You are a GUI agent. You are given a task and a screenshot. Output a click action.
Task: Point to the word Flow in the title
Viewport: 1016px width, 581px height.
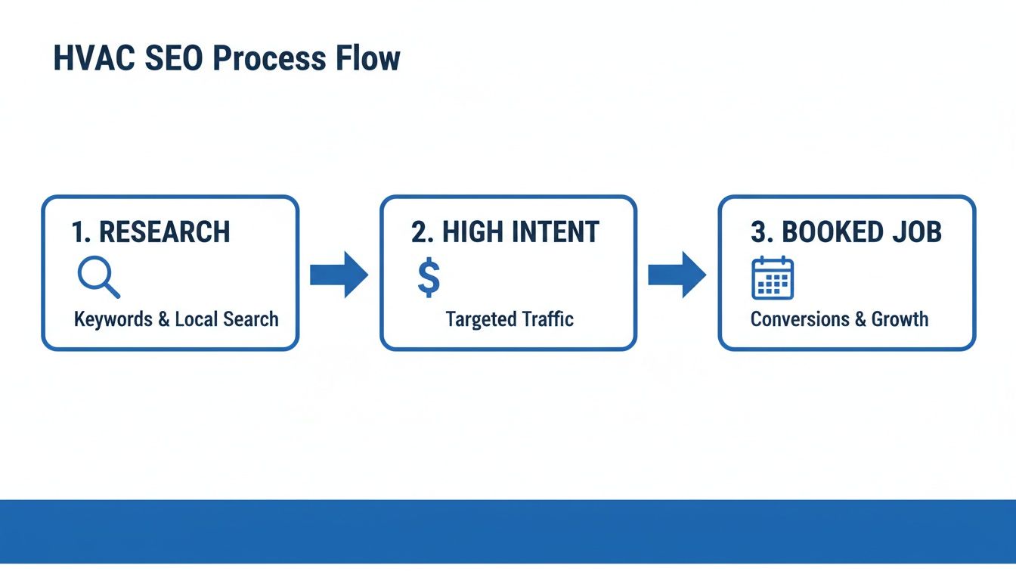click(368, 59)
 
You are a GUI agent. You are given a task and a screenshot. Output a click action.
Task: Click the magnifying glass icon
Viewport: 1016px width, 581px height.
click(99, 278)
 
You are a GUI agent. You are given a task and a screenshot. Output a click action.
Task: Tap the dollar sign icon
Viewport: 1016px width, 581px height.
click(429, 278)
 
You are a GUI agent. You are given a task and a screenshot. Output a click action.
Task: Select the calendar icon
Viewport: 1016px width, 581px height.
click(772, 278)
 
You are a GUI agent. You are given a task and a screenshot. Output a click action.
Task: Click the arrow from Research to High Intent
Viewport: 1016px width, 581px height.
click(339, 274)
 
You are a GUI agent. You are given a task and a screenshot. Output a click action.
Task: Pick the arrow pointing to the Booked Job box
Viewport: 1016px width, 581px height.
click(677, 274)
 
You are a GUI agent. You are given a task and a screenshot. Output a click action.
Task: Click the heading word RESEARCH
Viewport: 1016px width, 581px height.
click(164, 232)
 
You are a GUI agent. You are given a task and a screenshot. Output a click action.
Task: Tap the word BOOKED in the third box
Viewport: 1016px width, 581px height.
click(825, 232)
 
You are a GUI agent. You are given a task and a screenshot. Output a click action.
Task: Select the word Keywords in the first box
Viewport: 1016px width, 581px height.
click(113, 319)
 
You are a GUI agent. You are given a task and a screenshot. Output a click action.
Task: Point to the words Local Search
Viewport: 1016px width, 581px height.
click(226, 319)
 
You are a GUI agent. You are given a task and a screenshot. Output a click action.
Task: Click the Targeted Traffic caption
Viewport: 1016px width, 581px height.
click(509, 319)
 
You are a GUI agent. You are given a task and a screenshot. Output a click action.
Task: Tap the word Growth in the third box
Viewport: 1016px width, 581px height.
click(900, 319)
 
